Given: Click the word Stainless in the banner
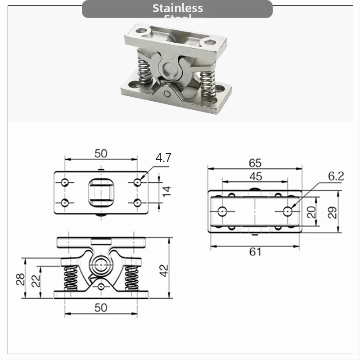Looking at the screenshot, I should [177, 8].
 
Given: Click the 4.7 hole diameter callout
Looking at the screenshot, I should [163, 158].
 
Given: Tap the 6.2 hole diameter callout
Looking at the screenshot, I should [336, 176].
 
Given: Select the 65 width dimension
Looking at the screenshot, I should [255, 163].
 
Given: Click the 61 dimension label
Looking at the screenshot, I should [255, 252].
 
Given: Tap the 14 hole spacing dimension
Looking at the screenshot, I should [166, 193].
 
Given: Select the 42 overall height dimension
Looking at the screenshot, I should [164, 270].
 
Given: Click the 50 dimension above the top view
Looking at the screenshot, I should [101, 153].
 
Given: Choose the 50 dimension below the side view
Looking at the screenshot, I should [101, 307].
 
